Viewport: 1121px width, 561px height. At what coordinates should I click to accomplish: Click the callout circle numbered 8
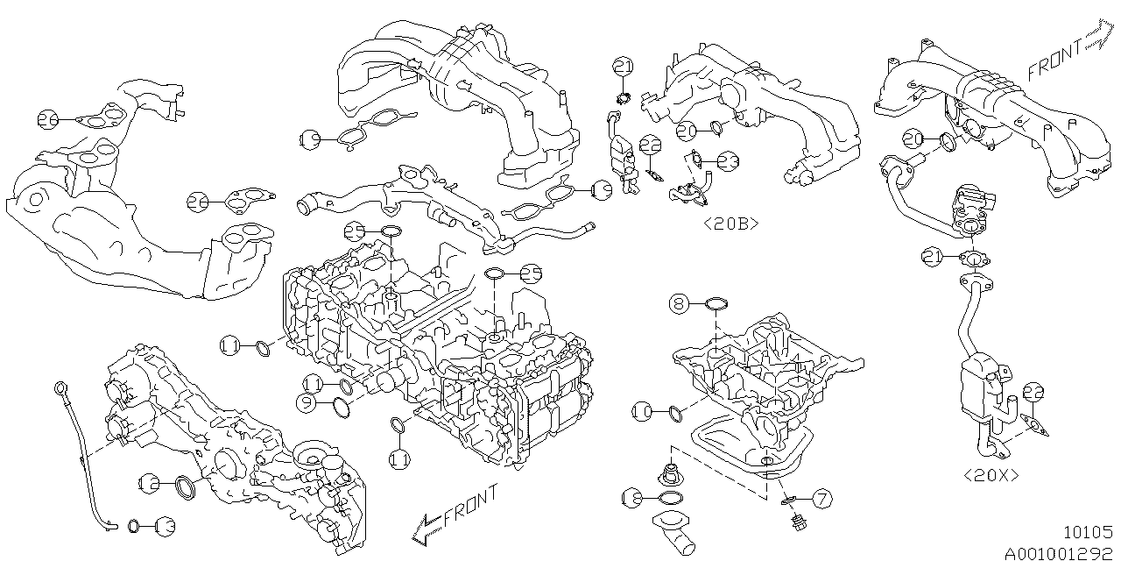(x=680, y=304)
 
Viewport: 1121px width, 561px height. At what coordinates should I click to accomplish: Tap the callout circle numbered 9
(x=305, y=403)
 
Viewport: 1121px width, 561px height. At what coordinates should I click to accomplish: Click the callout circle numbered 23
(x=728, y=160)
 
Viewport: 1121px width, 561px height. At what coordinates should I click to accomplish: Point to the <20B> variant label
(x=730, y=224)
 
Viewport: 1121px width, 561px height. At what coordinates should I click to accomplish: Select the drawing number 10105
(x=1087, y=531)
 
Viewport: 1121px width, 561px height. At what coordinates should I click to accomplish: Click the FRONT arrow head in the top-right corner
(x=1096, y=38)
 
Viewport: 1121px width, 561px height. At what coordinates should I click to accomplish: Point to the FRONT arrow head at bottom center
(x=421, y=529)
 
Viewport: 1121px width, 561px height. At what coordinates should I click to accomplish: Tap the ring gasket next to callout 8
(x=716, y=304)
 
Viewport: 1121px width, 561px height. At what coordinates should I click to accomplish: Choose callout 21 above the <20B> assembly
(x=623, y=67)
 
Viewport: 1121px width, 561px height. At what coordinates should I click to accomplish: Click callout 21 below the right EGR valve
(x=932, y=256)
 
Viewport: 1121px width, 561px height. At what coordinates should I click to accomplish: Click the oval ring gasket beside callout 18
(x=669, y=499)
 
